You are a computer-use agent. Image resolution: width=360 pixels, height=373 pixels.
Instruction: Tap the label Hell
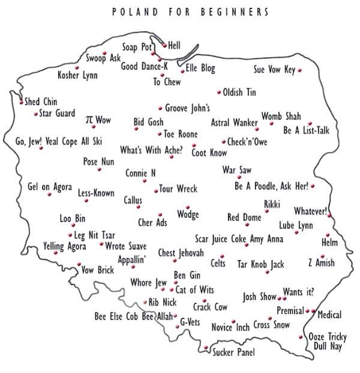[x=174, y=45]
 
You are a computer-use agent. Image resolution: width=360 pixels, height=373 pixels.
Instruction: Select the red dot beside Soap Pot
[x=153, y=53]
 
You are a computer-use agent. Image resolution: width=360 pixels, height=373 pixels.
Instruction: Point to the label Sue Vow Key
[x=274, y=70]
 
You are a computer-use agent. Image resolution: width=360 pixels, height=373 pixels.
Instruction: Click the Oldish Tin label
[x=239, y=92]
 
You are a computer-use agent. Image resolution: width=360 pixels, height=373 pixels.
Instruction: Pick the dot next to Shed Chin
[x=21, y=102]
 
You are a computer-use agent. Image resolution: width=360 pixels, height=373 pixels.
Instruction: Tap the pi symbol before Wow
[x=89, y=120]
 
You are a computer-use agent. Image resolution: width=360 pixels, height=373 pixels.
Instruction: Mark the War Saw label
[x=236, y=170]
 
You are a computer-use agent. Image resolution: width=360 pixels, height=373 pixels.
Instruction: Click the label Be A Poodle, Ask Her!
[x=271, y=186]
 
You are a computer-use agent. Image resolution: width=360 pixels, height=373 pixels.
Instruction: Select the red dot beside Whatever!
[x=329, y=215]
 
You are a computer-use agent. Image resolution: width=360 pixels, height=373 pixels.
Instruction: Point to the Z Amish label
[x=321, y=262]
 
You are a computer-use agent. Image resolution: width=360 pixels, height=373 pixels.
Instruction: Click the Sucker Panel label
[x=234, y=352]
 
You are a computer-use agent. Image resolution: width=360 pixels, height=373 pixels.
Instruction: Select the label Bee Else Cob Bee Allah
[x=134, y=316]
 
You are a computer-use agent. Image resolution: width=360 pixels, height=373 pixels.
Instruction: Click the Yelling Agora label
[x=65, y=246]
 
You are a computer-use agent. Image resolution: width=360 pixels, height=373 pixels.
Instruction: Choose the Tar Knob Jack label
[x=260, y=264]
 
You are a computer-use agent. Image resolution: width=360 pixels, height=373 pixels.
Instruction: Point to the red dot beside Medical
[x=313, y=311]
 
